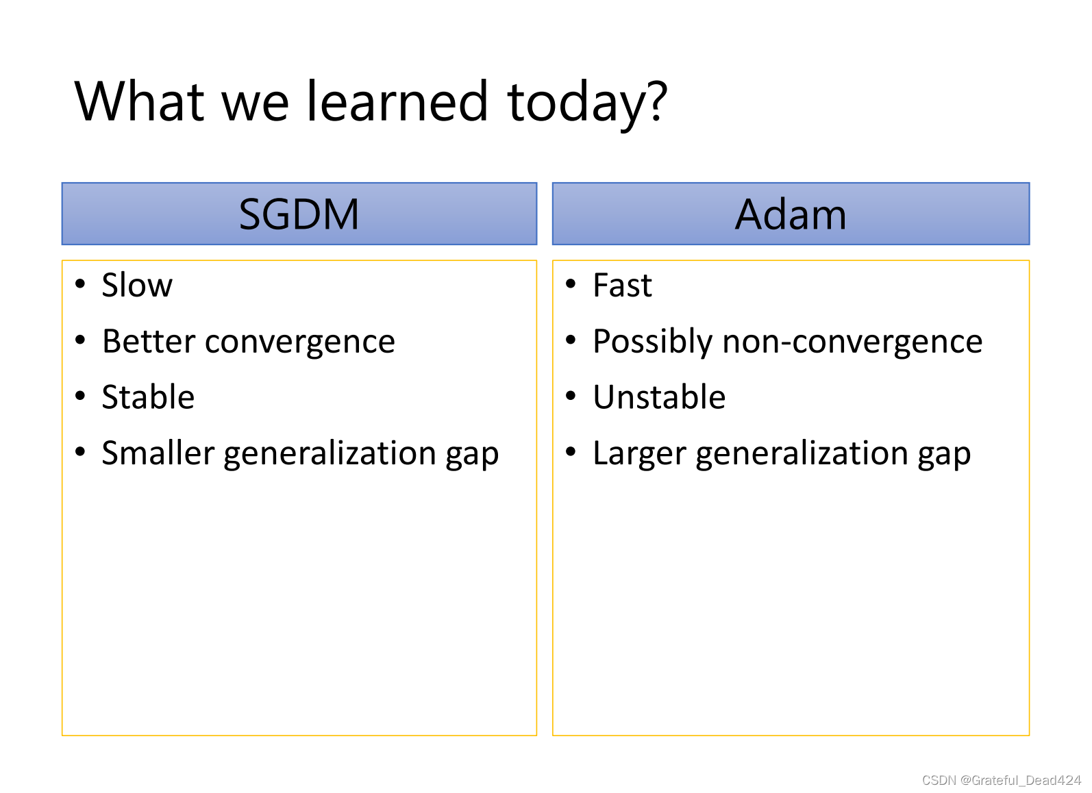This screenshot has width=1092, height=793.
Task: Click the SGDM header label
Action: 299,214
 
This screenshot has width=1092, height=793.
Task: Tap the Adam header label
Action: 791,214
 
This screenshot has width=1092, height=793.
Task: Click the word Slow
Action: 137,285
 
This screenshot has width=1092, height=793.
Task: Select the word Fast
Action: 623,285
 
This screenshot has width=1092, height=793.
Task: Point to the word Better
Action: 149,341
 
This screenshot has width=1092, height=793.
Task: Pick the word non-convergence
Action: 853,342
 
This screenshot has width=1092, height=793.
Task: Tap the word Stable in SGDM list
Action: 148,397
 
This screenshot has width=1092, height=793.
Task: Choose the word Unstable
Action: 660,397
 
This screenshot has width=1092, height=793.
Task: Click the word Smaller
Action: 158,453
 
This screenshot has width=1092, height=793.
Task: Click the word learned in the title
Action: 397,101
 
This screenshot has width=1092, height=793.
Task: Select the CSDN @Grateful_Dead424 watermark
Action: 1002,780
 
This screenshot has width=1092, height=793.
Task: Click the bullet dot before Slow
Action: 80,284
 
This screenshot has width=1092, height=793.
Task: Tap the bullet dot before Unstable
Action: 571,396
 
